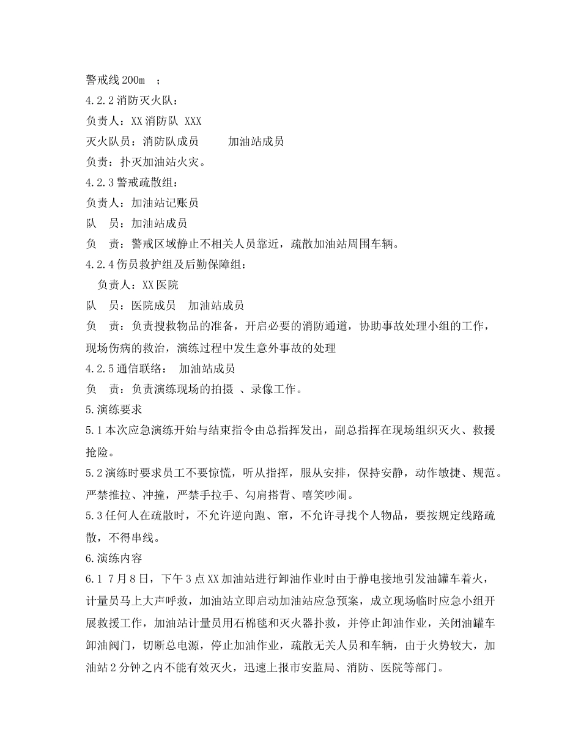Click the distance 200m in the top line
click(x=134, y=80)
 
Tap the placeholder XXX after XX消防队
click(x=193, y=121)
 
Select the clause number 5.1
click(x=95, y=430)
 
